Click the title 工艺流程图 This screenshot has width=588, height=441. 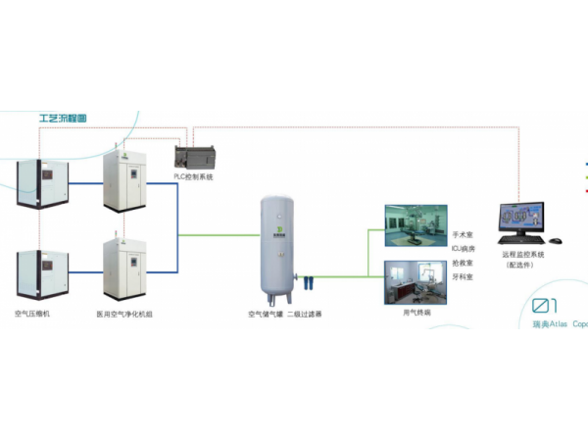tap(61, 118)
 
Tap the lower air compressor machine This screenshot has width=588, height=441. tap(40, 275)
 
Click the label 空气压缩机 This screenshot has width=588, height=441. tap(34, 315)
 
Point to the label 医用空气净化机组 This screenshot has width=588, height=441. tap(123, 315)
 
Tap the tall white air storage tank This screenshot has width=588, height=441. tap(276, 245)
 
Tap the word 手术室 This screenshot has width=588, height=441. tap(463, 236)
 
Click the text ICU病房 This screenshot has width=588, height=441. tap(464, 250)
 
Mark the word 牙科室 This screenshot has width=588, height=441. tap(463, 277)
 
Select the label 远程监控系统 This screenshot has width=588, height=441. tap(524, 254)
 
